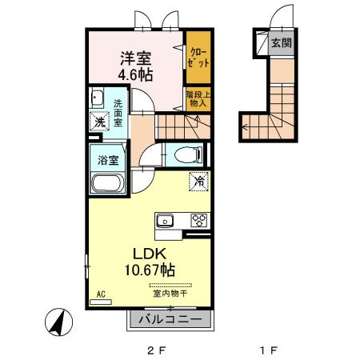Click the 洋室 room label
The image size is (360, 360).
[x=137, y=58]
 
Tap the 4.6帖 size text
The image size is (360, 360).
[x=137, y=75]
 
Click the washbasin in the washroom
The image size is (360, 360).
[x=97, y=99]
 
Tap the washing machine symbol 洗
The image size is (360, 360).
[x=98, y=122]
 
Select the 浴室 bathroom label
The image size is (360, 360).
[x=109, y=158]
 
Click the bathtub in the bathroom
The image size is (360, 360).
[x=107, y=183]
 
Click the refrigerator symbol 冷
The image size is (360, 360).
[x=198, y=182]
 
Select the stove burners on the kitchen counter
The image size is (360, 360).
[x=198, y=220]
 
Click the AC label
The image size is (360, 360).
[x=102, y=294]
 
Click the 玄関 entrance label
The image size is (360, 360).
[x=280, y=42]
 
